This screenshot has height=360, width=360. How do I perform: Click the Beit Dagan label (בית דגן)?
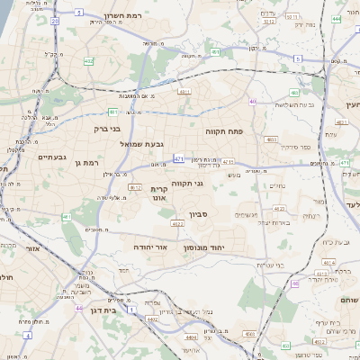point(104,309)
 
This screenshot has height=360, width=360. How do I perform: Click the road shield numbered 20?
point(55,19)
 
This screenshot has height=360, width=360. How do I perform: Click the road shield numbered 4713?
point(229,162)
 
